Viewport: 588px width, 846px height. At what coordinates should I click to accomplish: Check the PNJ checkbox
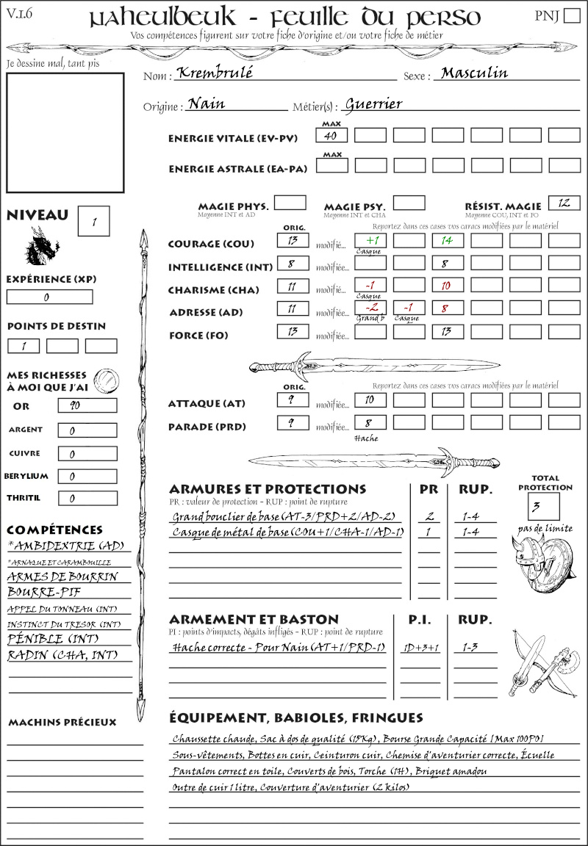pos(570,16)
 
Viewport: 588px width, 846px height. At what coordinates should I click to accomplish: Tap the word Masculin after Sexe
pos(475,73)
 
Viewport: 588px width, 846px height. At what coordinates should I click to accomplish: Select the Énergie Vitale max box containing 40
pos(331,136)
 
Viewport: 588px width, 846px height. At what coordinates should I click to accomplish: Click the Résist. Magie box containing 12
pos(564,203)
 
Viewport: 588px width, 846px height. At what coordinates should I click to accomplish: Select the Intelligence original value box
pos(293,264)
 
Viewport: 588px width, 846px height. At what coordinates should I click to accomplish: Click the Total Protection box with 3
pos(544,506)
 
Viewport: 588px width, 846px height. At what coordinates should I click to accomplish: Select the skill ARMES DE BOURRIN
pos(62,577)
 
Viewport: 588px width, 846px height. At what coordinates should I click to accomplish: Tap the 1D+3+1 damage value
pos(421,648)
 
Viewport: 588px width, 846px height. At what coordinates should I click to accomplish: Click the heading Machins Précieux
pos(62,723)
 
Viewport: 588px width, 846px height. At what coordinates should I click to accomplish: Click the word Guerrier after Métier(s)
pos(373,104)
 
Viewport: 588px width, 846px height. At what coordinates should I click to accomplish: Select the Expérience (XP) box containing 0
pos(49,297)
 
